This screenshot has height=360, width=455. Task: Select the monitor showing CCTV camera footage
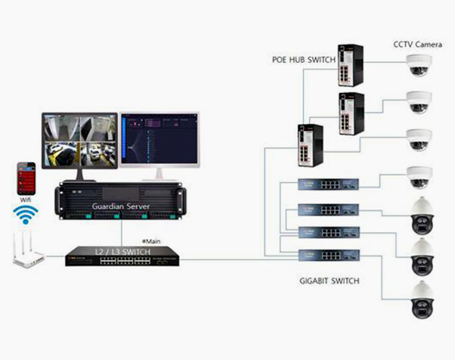pyautogui.click(x=79, y=141)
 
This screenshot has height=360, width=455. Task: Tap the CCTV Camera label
pyautogui.click(x=418, y=45)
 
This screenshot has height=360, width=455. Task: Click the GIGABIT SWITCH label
pyautogui.click(x=329, y=281)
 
